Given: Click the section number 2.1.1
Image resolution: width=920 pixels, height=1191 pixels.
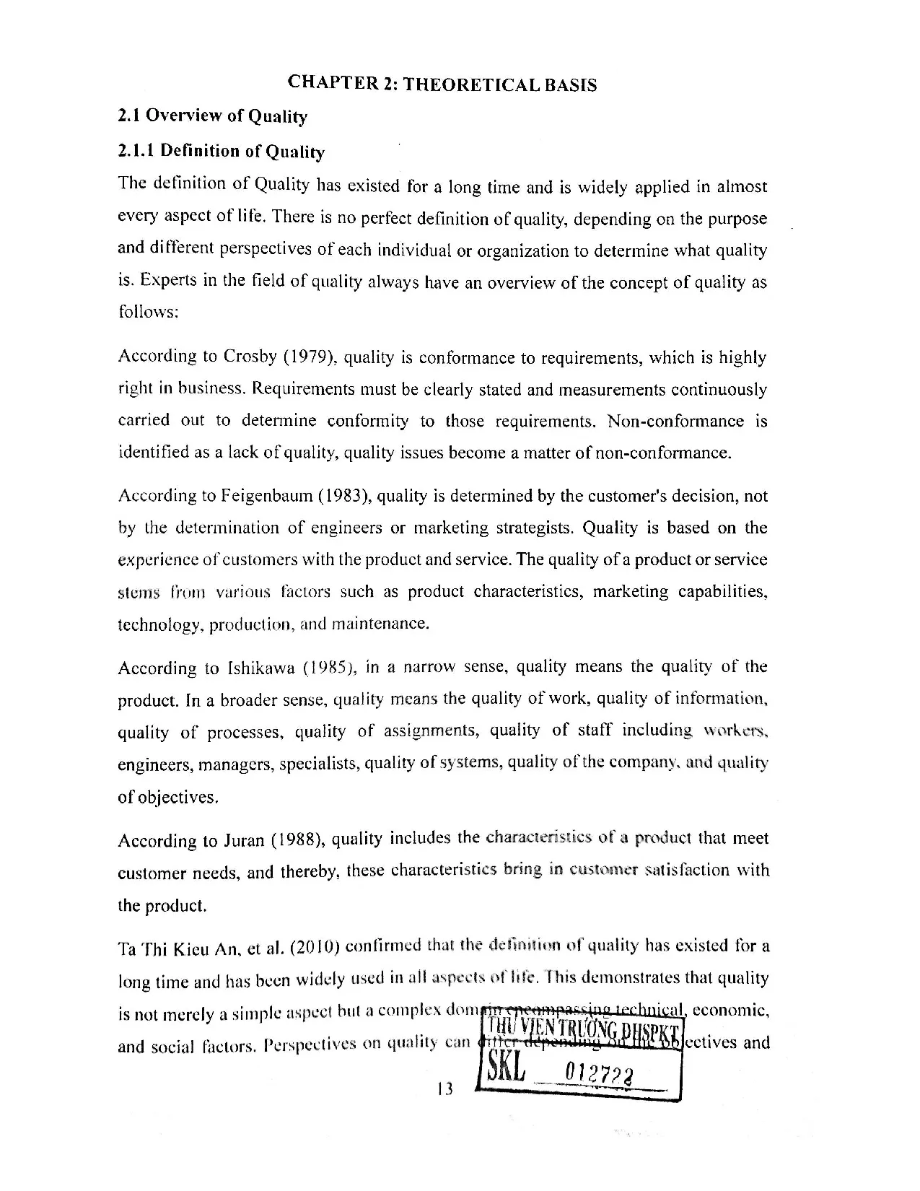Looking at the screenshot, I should coord(136,150).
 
